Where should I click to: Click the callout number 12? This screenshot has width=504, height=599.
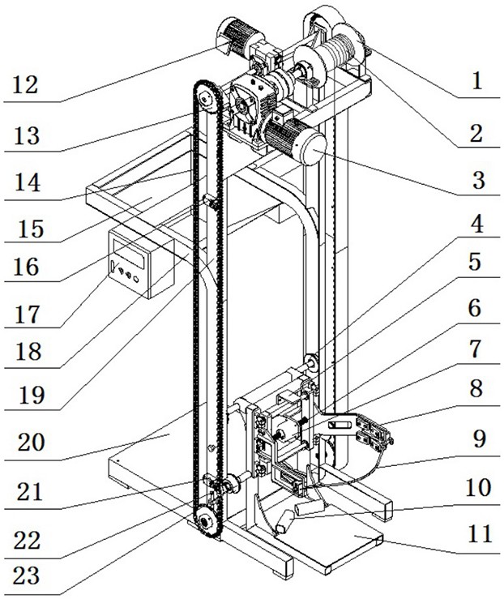[x=26, y=85]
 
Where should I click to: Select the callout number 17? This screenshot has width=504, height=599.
[x=27, y=314]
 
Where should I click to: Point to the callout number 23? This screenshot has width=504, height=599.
[x=26, y=575]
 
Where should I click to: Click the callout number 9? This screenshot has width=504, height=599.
[x=479, y=439]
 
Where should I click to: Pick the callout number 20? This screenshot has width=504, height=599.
[x=32, y=442]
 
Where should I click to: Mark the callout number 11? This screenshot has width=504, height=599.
[x=480, y=533]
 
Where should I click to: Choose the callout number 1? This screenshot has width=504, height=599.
[x=477, y=81]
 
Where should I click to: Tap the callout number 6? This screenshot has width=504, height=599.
[x=475, y=308]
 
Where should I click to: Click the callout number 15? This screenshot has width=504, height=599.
[x=32, y=229]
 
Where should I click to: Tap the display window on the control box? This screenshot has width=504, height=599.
[x=129, y=252]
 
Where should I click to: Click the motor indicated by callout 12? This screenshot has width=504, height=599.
[x=237, y=37]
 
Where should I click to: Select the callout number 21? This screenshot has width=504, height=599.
[x=30, y=492]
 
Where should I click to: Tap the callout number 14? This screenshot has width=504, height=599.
[x=28, y=182]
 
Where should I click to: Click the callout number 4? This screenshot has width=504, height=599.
[x=476, y=225]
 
